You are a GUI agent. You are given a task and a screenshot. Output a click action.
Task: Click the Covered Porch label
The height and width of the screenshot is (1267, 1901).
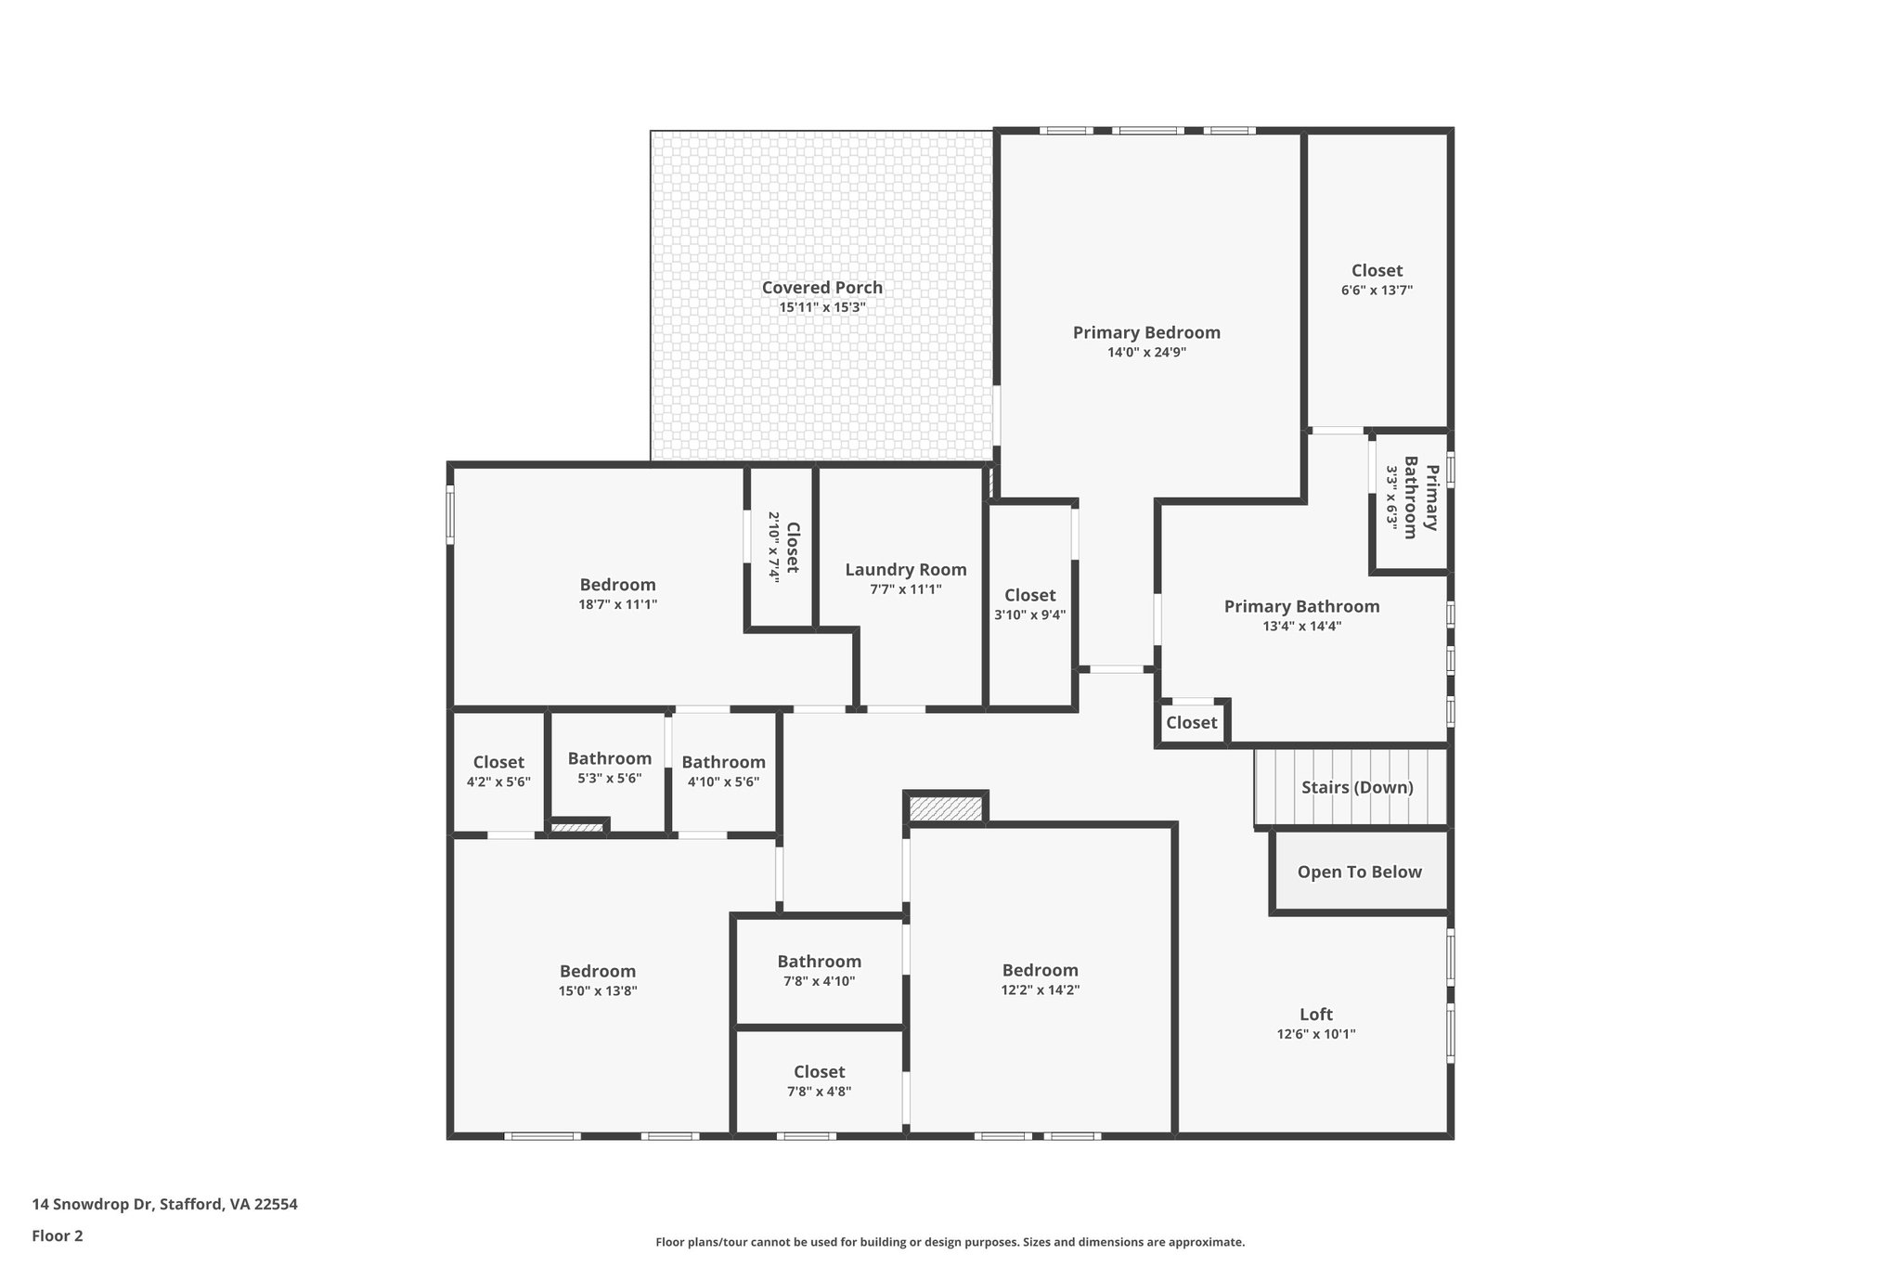click(x=821, y=288)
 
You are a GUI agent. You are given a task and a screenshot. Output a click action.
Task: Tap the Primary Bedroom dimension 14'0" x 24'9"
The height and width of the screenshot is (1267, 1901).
click(x=1146, y=353)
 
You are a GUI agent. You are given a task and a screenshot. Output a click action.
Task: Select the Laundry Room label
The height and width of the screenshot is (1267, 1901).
click(x=905, y=570)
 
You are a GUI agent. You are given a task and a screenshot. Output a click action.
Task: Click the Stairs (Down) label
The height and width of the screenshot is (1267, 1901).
click(x=1356, y=788)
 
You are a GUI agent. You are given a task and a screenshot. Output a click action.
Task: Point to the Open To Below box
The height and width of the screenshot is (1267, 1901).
click(x=1359, y=873)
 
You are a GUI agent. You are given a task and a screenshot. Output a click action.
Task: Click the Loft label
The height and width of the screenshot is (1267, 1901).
click(x=1315, y=1015)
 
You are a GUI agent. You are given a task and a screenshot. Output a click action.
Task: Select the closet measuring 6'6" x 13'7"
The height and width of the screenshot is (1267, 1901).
click(x=1377, y=279)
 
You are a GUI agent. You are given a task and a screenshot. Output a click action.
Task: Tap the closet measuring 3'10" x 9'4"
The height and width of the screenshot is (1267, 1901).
click(x=1029, y=604)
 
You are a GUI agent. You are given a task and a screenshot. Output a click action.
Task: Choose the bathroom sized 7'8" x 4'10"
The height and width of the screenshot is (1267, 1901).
click(x=819, y=971)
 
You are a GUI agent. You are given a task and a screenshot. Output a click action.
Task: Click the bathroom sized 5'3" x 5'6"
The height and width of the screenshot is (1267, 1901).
click(x=609, y=768)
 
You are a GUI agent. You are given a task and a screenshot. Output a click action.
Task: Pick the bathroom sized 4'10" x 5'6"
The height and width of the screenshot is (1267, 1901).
click(x=723, y=771)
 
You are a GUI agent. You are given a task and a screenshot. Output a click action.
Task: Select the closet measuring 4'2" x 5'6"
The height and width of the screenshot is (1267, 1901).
click(x=498, y=771)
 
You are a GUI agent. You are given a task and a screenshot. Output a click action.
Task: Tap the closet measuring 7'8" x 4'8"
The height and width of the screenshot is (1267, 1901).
click(x=819, y=1081)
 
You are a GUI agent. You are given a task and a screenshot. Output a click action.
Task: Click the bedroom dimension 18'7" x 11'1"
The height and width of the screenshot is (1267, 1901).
click(x=617, y=604)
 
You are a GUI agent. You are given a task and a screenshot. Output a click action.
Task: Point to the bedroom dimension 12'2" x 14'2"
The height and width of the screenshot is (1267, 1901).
click(x=1040, y=990)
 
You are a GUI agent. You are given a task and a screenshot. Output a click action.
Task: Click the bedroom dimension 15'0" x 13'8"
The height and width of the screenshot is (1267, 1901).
click(x=597, y=991)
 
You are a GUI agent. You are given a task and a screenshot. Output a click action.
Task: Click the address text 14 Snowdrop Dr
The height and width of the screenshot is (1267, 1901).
click(x=92, y=1205)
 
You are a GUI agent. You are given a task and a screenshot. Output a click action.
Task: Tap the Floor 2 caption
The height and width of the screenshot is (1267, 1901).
click(x=58, y=1235)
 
